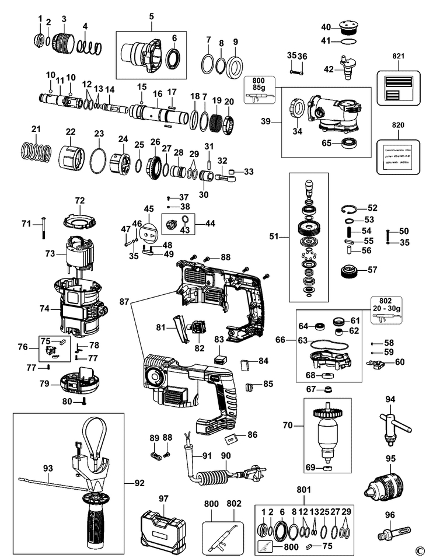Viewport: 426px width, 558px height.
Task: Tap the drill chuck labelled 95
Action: [389, 483]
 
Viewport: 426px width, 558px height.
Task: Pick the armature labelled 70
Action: [327, 433]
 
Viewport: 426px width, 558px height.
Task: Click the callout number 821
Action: [399, 56]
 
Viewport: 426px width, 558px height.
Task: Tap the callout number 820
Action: [399, 125]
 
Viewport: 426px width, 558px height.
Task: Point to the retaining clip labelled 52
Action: [348, 208]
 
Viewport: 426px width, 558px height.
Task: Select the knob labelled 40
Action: [345, 30]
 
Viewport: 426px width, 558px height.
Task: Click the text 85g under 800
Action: [260, 88]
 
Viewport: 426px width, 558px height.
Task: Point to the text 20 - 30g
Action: [389, 308]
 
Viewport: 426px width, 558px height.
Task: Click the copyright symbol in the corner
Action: [419, 550]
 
